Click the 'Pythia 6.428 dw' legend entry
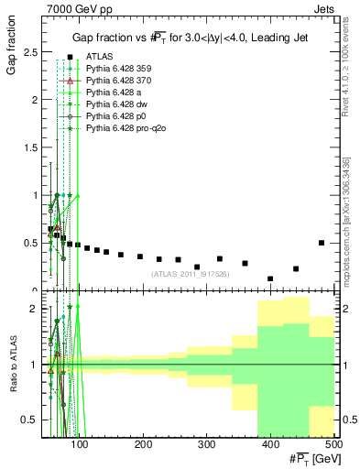116,104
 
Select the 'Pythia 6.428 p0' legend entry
116,116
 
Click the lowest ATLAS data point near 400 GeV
270,278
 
